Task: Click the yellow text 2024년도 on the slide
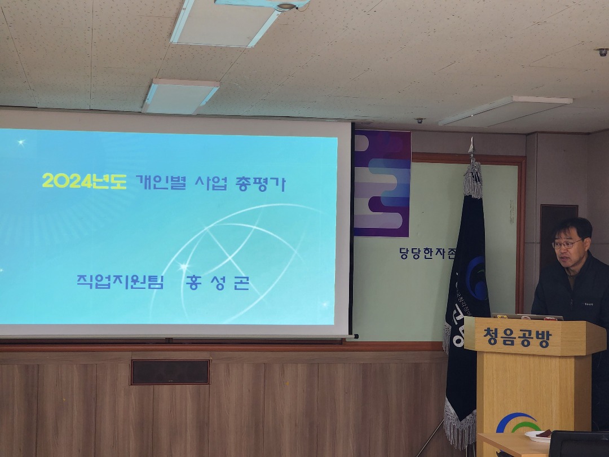[x=83, y=181]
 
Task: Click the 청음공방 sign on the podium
[x=517, y=337]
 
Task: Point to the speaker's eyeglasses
[x=566, y=244]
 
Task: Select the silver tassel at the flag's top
[x=473, y=179]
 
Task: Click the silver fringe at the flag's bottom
[x=460, y=423]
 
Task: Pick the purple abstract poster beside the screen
[x=382, y=183]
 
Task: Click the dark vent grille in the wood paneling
[x=170, y=372]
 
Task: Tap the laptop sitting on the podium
[x=527, y=317]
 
